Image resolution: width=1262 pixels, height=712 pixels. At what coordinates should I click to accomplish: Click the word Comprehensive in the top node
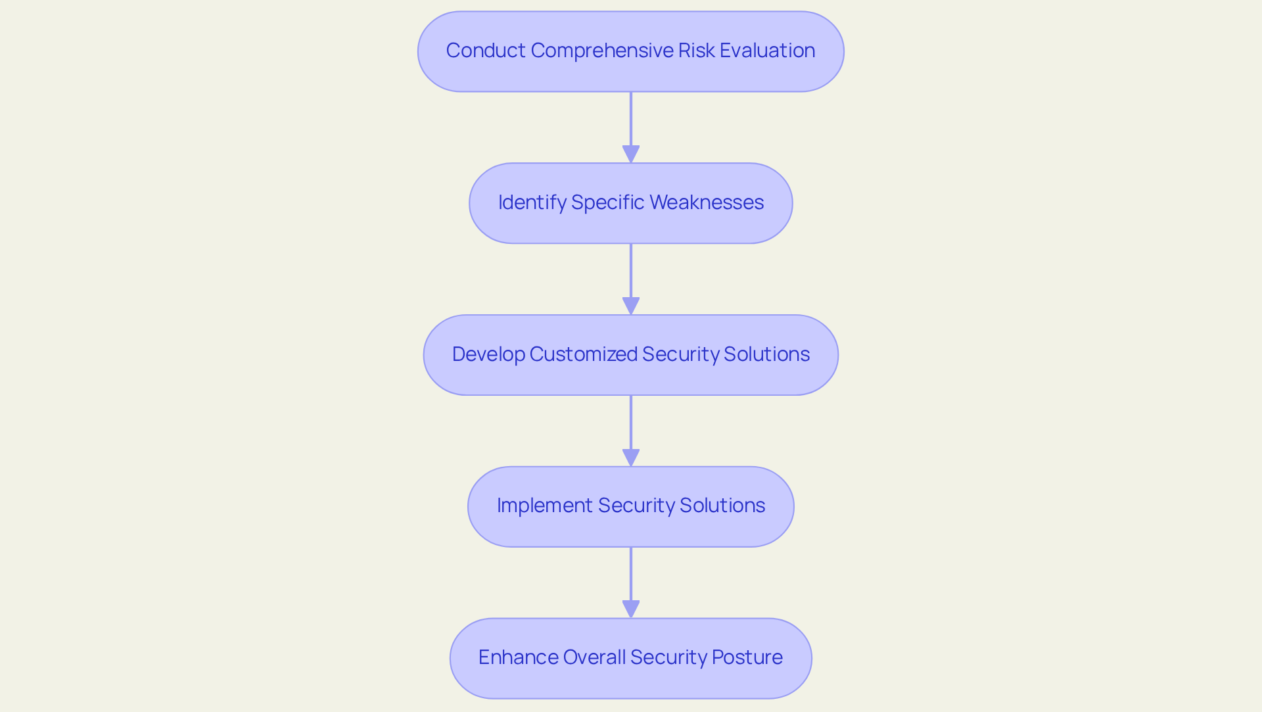click(x=601, y=51)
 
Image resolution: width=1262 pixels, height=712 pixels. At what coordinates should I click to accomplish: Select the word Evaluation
click(x=767, y=51)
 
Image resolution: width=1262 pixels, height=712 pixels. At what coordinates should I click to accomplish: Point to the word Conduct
click(x=486, y=51)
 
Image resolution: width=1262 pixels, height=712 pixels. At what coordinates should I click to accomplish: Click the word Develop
click(x=488, y=354)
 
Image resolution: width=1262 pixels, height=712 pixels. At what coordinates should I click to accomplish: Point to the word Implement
click(x=544, y=506)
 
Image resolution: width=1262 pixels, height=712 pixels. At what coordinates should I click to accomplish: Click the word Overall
click(x=594, y=657)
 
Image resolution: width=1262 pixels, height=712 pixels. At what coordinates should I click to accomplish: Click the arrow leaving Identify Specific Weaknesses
click(x=631, y=279)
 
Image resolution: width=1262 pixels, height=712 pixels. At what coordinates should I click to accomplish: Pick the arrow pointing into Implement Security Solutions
click(x=631, y=431)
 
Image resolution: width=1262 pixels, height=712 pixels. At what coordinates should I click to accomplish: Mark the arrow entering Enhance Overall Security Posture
click(x=631, y=582)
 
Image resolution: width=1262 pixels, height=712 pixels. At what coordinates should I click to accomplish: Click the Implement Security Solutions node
click(x=631, y=507)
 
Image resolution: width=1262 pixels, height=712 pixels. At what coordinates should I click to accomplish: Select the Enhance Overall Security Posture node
click(x=631, y=658)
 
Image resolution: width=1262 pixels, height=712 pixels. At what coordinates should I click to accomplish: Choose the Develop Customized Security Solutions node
click(x=631, y=355)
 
